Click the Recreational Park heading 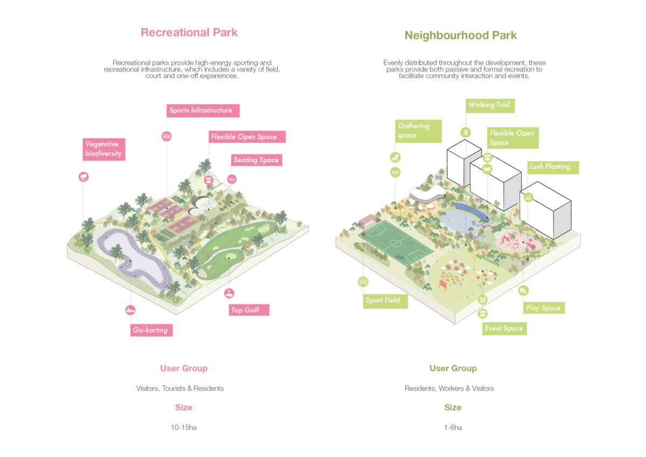point(189,32)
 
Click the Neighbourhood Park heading point(461,36)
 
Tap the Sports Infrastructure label point(203,110)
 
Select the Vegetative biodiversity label point(104,149)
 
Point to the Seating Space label point(256,160)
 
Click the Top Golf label point(249,310)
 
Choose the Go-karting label point(151,330)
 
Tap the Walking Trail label point(490,106)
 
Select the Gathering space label point(418,131)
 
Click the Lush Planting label point(553,167)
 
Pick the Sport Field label point(385,301)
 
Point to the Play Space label point(544,308)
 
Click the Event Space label point(504,328)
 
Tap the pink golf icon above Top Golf point(229,293)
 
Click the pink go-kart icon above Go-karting point(130,310)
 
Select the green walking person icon point(466,132)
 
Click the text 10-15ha point(184,427)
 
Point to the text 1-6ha point(453,427)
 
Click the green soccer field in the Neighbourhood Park point(396,243)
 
